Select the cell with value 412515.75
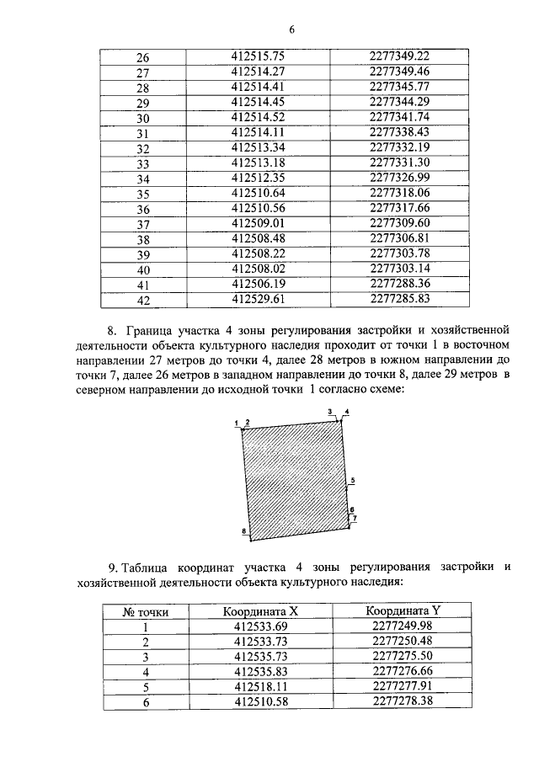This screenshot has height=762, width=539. [x=259, y=56]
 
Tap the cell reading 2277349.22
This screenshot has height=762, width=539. [x=400, y=56]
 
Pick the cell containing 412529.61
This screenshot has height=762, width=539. [x=259, y=298]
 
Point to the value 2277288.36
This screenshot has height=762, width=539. [x=400, y=283]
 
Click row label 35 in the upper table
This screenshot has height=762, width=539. [x=142, y=194]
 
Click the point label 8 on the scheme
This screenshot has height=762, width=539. [x=243, y=531]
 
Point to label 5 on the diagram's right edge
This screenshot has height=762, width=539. [x=353, y=479]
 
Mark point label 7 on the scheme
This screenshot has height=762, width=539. [x=355, y=519]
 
